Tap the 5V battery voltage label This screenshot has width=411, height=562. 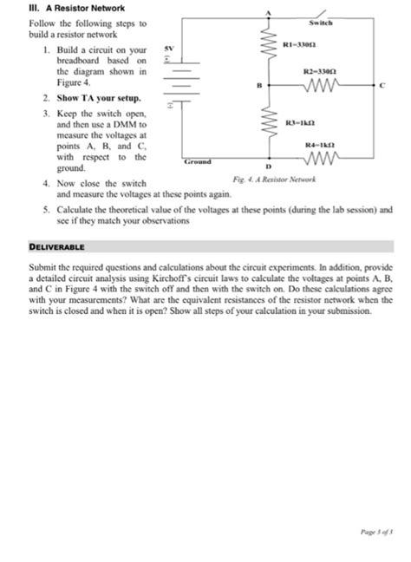(x=171, y=49)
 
